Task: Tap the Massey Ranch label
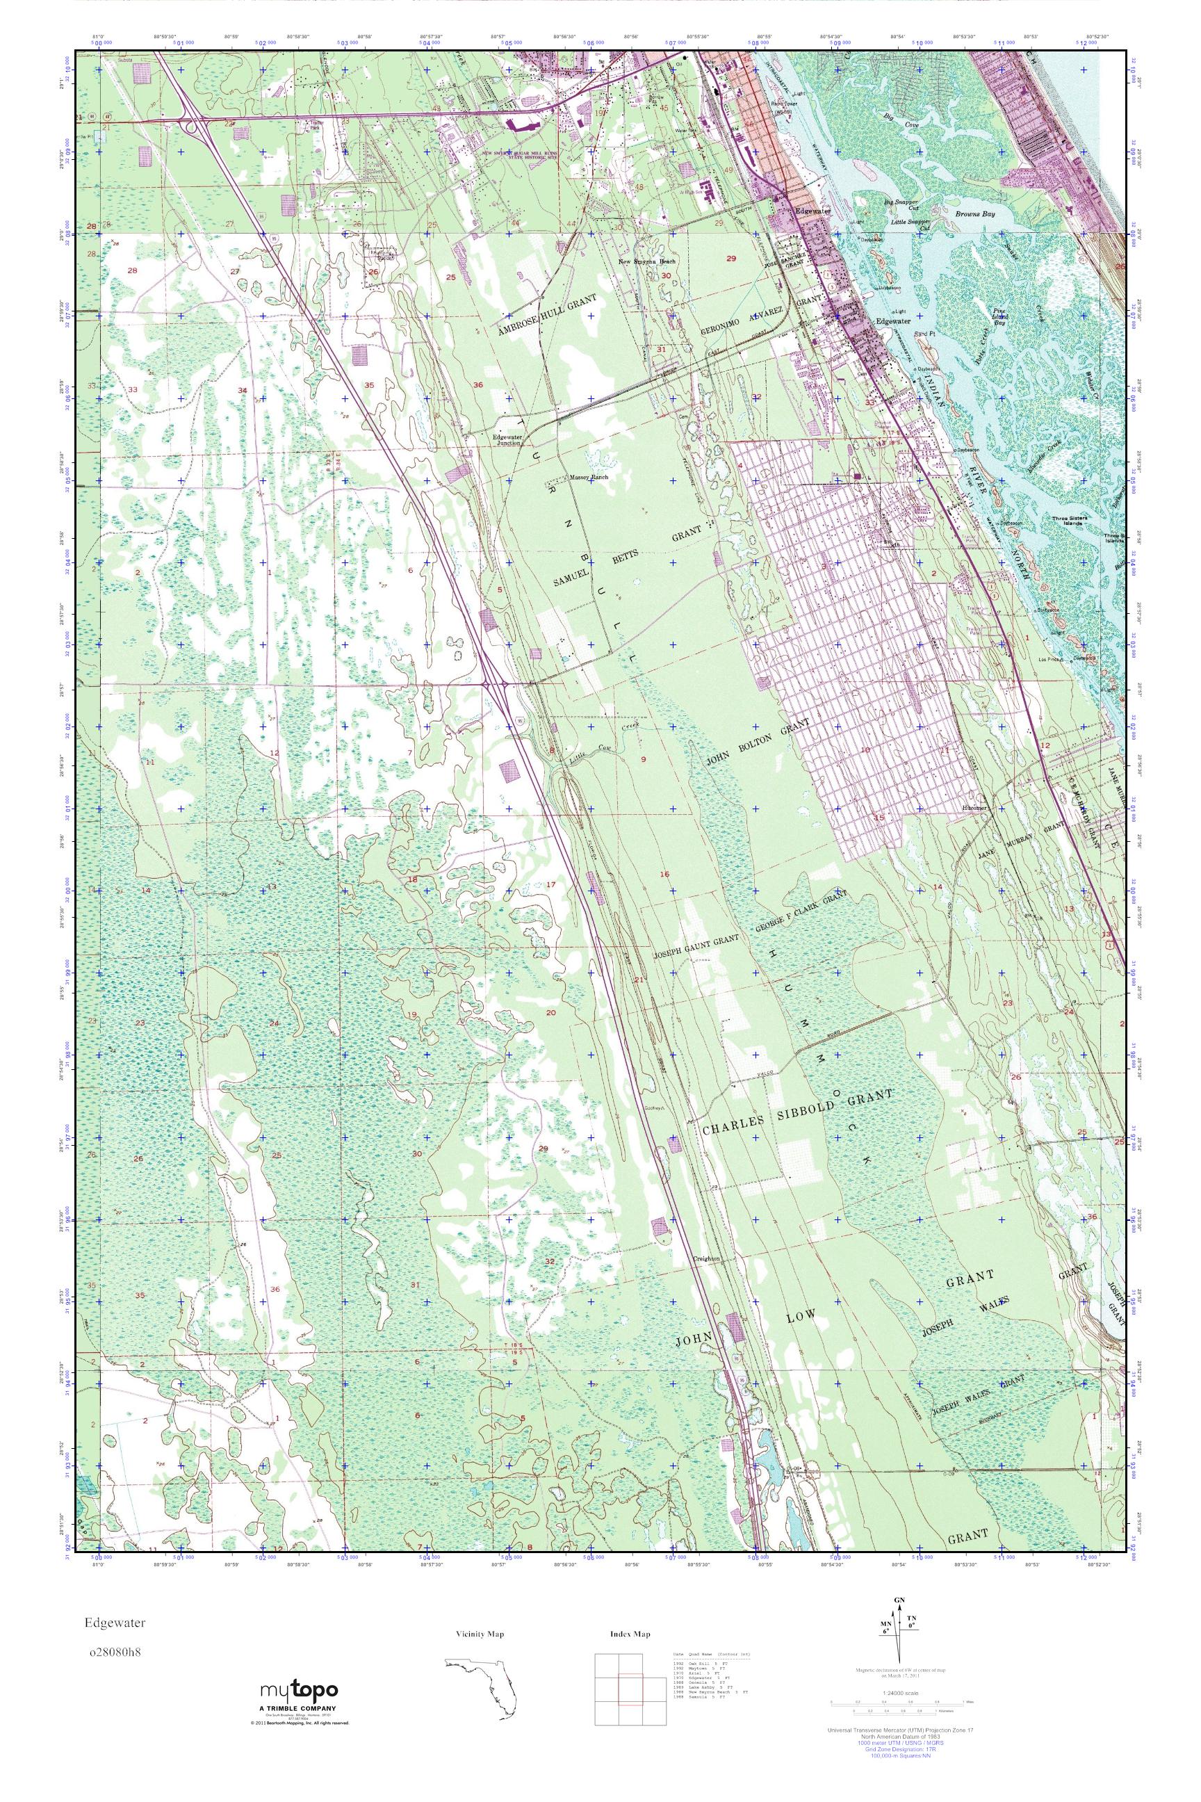588,476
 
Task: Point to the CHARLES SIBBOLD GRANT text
797,1113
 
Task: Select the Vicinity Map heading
480,1634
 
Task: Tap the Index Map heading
630,1634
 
